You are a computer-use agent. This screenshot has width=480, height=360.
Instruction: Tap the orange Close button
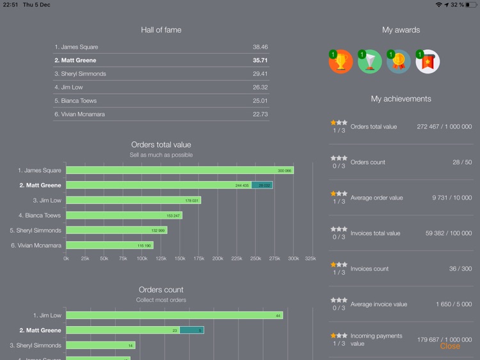point(450,346)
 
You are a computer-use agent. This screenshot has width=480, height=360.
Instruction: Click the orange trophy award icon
point(340,61)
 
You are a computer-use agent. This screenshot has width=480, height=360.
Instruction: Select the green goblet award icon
point(370,61)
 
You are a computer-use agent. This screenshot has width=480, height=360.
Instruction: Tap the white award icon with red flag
point(428,61)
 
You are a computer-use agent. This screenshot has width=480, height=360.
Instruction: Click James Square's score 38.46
point(260,47)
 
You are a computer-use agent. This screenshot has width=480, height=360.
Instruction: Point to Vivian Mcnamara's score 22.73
point(260,114)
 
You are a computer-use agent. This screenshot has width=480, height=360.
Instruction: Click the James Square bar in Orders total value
point(179,171)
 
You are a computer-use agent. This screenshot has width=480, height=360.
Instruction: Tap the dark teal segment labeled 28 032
point(262,185)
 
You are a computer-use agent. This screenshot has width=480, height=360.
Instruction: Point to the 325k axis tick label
point(310,259)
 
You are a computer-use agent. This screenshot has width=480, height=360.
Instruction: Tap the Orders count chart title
point(161,290)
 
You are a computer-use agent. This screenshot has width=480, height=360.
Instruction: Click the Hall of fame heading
point(161,30)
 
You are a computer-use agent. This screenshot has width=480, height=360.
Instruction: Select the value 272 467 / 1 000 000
point(444,127)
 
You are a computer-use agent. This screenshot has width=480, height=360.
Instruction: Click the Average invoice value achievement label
point(379,304)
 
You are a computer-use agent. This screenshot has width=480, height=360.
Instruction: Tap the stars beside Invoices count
point(339,265)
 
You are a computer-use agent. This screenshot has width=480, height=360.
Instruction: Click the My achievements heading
point(401,99)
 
